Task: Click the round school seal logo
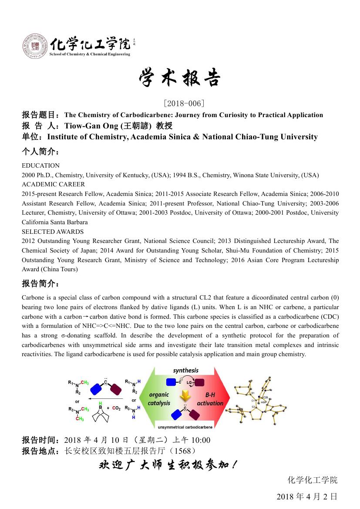coord(35,46)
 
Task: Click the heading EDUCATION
coord(40,165)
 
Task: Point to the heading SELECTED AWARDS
coord(53,232)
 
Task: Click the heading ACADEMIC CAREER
coord(54,184)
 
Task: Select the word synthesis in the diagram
coord(185,371)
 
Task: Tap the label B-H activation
coord(210,399)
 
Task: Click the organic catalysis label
coord(159,399)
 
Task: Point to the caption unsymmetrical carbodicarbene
coord(185,427)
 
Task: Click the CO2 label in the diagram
coord(116,408)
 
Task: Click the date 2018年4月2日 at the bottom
coord(307,496)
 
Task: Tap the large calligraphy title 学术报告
coord(180,78)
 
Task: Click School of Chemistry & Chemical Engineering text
coord(90,54)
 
